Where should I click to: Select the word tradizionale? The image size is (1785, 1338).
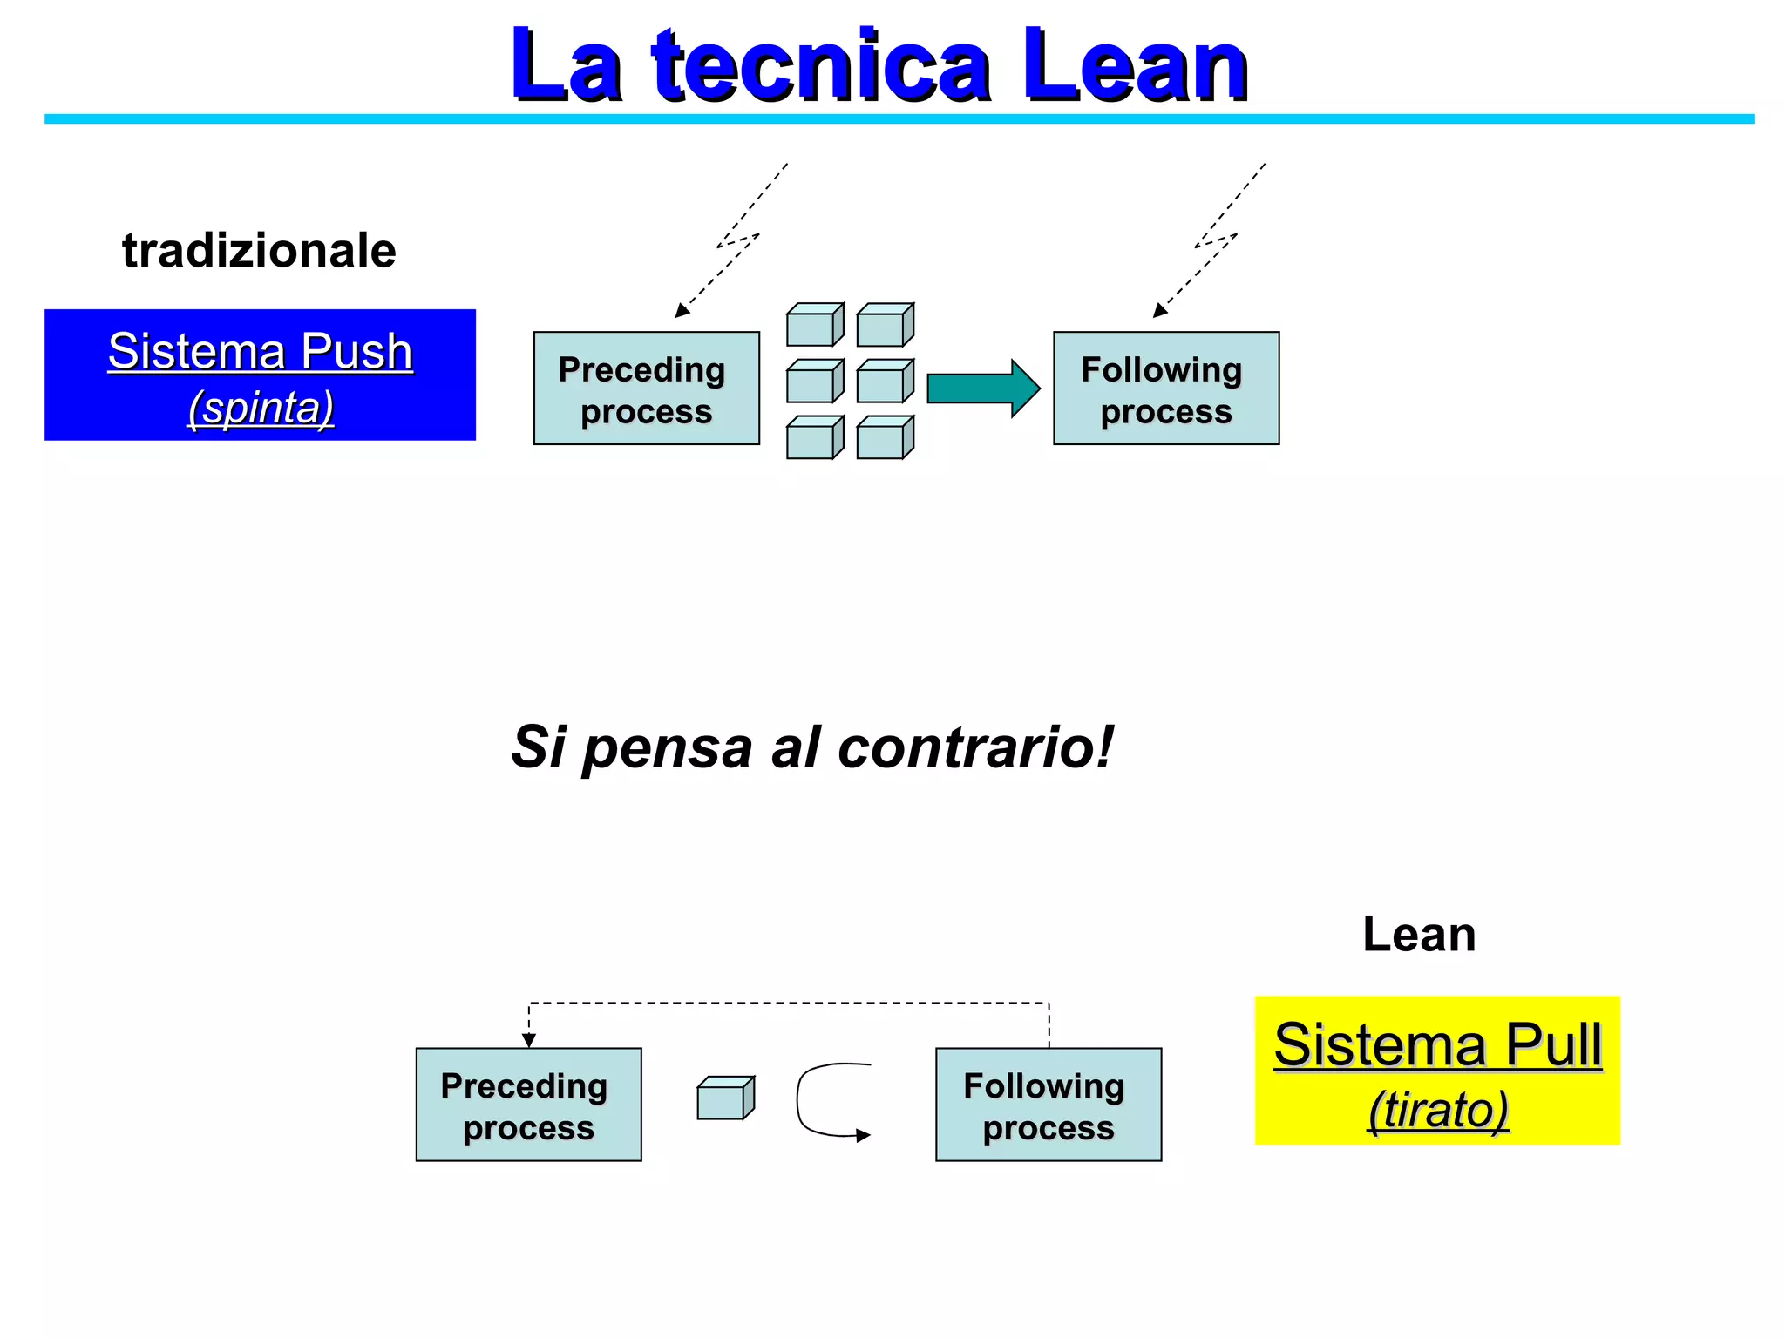[259, 251]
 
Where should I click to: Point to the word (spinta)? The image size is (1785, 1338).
[261, 408]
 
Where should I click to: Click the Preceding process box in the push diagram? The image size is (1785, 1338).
[646, 389]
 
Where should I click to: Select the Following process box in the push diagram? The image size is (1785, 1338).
[1166, 389]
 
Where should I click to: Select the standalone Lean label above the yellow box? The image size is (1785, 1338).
[1419, 935]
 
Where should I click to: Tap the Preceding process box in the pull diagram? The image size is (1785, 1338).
[528, 1105]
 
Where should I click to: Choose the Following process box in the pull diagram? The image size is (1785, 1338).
[1049, 1105]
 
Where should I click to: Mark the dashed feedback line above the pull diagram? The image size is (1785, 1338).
[789, 1003]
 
